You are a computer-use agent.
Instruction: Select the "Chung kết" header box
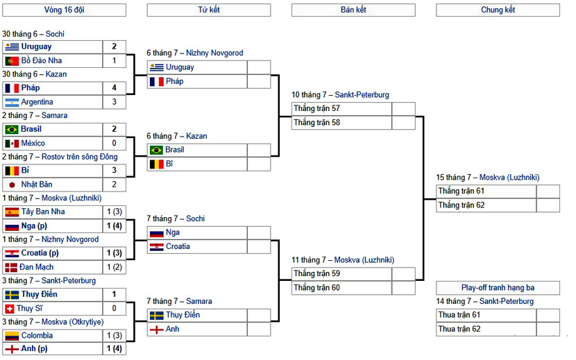(498, 10)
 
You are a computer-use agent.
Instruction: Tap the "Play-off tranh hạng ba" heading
(498, 288)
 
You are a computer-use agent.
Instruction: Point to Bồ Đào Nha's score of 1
(115, 61)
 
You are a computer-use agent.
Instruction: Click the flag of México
(12, 144)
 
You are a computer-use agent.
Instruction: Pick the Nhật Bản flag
(12, 185)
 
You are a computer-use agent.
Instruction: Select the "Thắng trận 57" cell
(341, 109)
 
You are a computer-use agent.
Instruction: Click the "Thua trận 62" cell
(486, 329)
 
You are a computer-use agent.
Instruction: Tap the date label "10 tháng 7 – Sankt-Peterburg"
(340, 95)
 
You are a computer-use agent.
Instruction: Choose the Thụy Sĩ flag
(12, 309)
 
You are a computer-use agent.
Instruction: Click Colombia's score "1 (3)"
(115, 336)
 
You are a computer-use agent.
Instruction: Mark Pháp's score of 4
(115, 88)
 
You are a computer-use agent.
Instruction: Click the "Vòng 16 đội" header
(64, 10)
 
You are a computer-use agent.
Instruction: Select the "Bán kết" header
(353, 10)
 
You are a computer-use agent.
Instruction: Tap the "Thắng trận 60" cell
(341, 288)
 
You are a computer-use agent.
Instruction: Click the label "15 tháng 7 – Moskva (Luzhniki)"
(487, 178)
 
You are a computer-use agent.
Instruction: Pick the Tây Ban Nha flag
(12, 212)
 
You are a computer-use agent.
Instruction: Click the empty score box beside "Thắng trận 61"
(548, 191)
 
